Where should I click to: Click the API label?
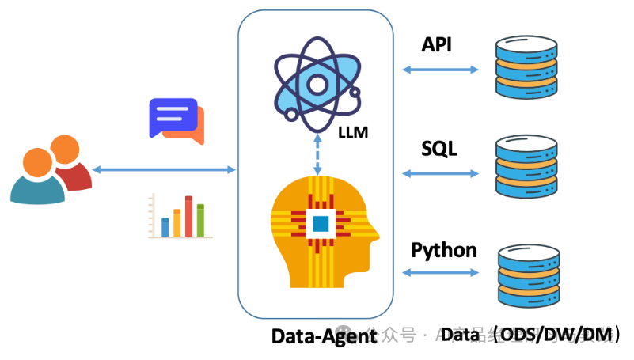(436, 44)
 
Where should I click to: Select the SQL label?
(439, 148)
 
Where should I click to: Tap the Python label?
(443, 251)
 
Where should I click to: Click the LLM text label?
(352, 131)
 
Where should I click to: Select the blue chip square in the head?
(321, 224)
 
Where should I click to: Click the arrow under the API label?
(441, 70)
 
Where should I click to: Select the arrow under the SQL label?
(441, 172)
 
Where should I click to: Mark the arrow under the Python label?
(441, 273)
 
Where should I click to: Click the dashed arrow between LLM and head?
(318, 154)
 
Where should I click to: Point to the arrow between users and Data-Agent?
(164, 169)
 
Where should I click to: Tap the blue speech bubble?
(173, 117)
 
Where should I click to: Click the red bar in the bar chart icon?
(189, 216)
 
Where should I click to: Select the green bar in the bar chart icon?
(200, 220)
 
